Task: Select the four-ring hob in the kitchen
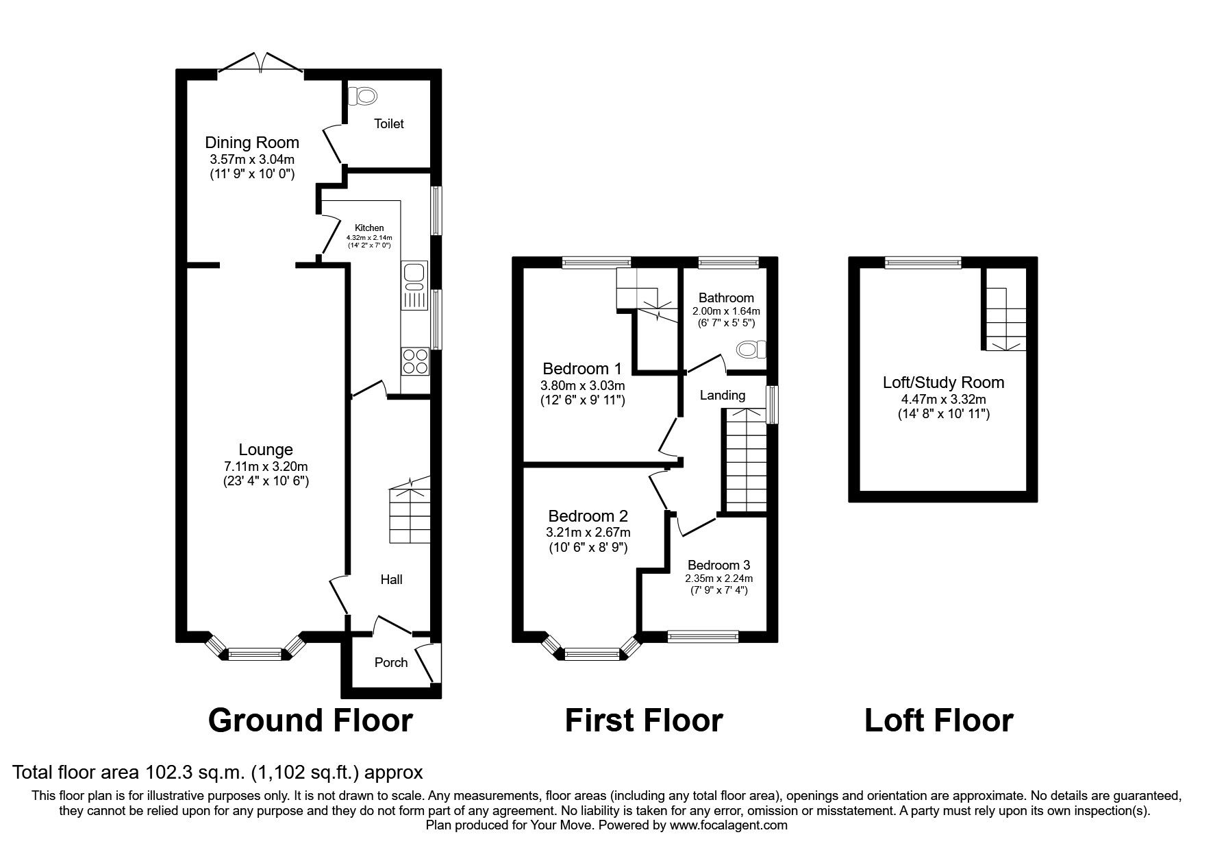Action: click(414, 361)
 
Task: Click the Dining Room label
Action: click(252, 143)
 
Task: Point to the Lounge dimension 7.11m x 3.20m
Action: click(266, 466)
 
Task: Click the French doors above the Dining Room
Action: click(261, 63)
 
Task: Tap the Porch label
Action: click(391, 662)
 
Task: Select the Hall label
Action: click(391, 579)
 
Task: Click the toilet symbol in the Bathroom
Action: click(751, 350)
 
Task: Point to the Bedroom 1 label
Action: click(582, 368)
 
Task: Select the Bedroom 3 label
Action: click(718, 565)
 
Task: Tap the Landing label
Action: click(722, 395)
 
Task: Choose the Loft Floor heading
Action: click(938, 720)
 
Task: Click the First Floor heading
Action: click(643, 720)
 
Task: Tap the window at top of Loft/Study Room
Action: click(923, 262)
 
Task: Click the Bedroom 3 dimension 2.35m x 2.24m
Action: click(718, 578)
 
